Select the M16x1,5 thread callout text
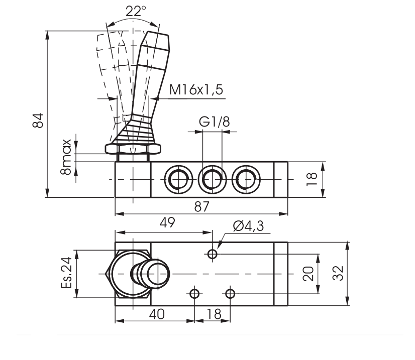196,90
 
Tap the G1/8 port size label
211,122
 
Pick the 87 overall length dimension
201,206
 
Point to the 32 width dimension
339,274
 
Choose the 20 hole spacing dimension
310,273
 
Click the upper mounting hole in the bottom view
213,254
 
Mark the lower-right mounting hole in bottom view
230,293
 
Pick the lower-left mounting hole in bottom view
194,293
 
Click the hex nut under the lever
133,149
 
